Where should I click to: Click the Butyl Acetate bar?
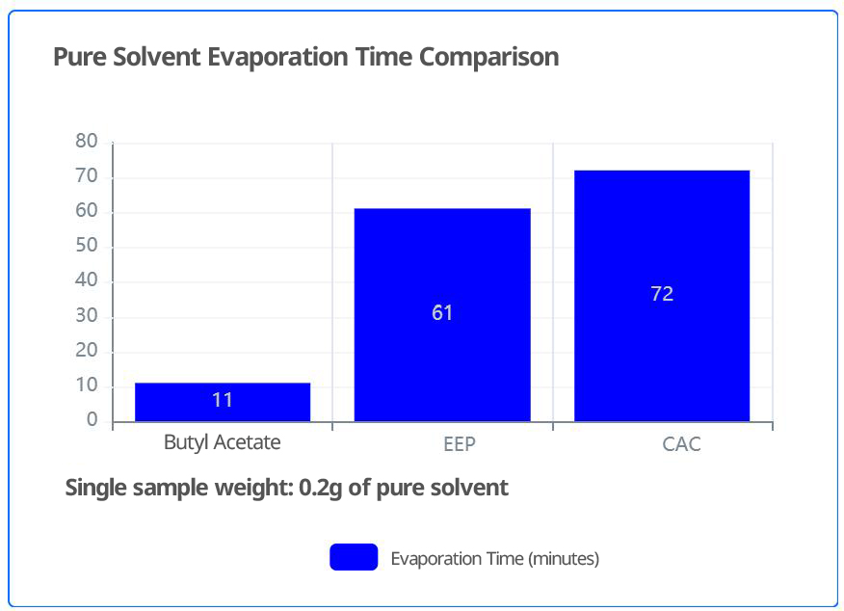tap(222, 402)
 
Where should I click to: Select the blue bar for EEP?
tap(442, 314)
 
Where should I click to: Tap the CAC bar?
tap(662, 295)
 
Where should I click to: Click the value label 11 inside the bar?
tap(223, 400)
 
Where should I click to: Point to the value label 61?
tap(442, 313)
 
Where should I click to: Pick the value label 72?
tap(662, 294)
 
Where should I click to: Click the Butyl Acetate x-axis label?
tap(223, 442)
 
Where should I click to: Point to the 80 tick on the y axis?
tap(87, 142)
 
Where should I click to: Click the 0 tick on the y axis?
tap(92, 420)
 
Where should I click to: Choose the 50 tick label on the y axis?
tap(87, 247)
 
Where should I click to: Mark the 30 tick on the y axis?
tap(87, 316)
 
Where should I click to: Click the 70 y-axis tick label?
tap(87, 176)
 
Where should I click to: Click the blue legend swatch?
tap(354, 557)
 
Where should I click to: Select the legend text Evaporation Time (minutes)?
tap(495, 558)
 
